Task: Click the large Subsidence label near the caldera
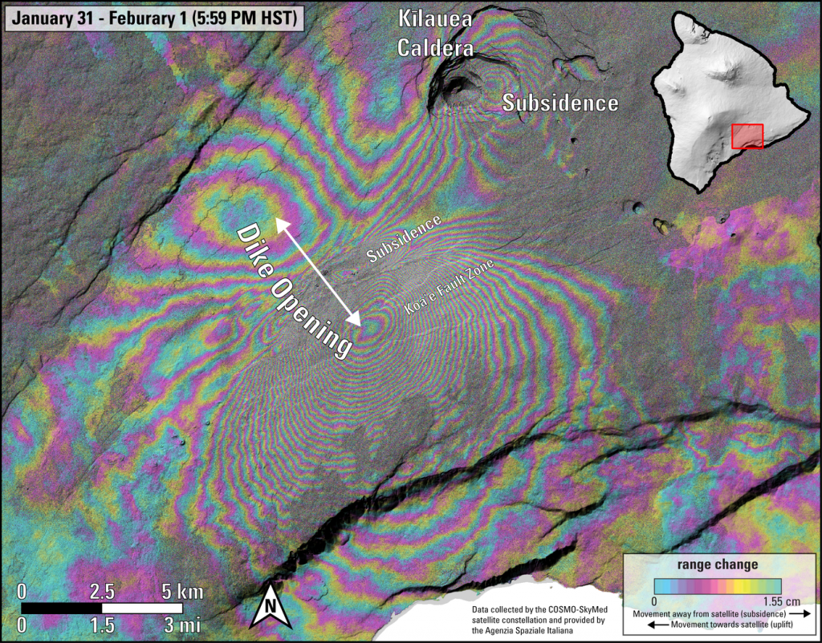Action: tap(560, 103)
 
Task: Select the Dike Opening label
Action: tap(295, 289)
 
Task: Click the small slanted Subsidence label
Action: tap(405, 239)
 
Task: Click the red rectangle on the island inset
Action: tap(747, 135)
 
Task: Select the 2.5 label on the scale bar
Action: tap(102, 592)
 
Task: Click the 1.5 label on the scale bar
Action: tap(102, 624)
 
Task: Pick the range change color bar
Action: tap(718, 583)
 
